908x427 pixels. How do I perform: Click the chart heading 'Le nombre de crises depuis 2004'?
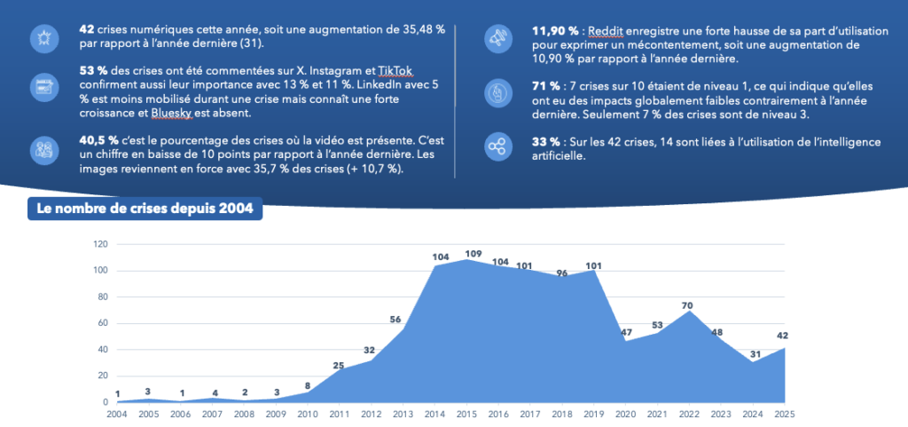(145, 210)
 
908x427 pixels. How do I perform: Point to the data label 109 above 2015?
(473, 254)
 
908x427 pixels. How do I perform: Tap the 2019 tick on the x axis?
(594, 414)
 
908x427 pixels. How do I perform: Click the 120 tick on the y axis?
(100, 244)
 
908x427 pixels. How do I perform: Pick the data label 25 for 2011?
(338, 365)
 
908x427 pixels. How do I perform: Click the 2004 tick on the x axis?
(117, 414)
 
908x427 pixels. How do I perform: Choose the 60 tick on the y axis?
(103, 323)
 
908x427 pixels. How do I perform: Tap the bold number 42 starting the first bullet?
(87, 30)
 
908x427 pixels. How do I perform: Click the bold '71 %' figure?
(545, 86)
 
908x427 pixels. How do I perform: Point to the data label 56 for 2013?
(395, 320)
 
